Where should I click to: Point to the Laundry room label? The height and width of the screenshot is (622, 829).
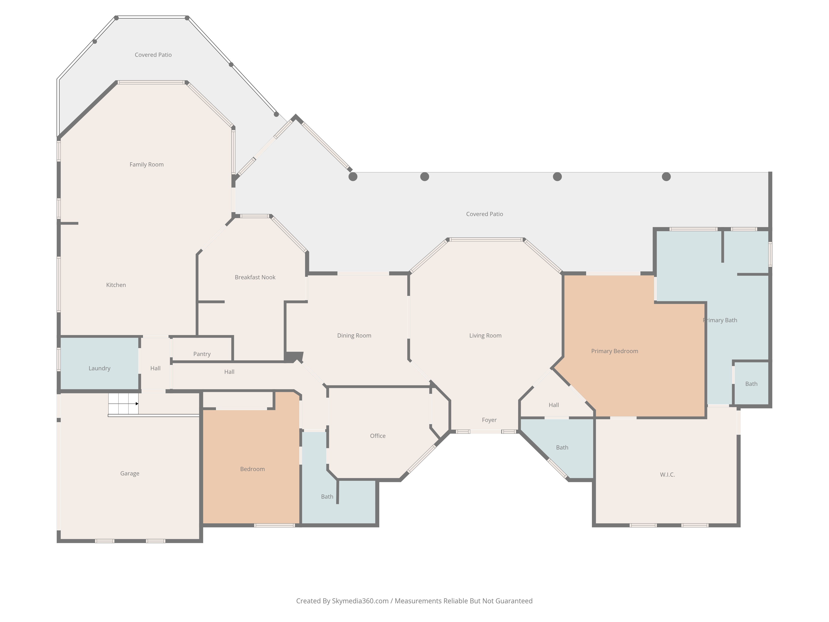[99, 368]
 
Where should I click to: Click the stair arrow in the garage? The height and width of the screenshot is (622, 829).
[137, 404]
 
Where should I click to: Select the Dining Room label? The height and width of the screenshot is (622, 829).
[354, 335]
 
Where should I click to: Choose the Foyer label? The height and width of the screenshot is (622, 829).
[489, 420]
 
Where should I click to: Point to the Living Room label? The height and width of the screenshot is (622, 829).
[485, 335]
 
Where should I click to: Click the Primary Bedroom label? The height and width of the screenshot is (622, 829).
[615, 351]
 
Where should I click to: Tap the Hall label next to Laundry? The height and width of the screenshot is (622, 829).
[155, 368]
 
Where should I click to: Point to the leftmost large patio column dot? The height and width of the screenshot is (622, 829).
[353, 177]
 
